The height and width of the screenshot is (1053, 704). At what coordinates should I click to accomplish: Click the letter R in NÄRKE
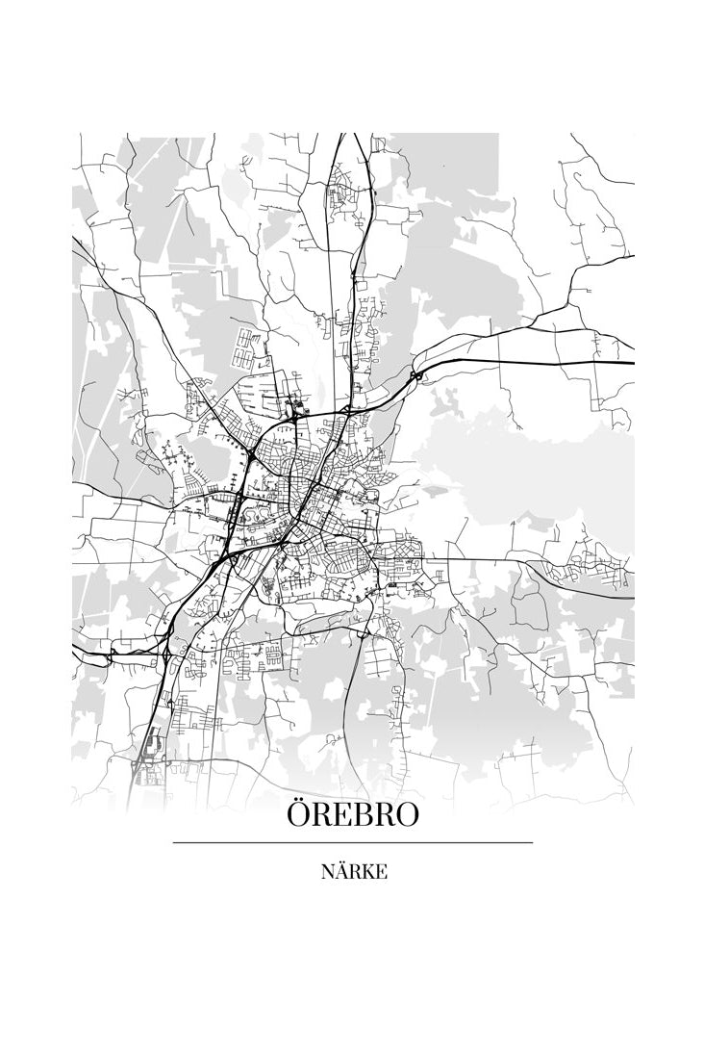tap(354, 873)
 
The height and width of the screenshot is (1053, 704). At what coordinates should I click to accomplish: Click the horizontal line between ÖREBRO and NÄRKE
tap(352, 843)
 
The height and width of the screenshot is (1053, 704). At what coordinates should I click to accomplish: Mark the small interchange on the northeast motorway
tap(415, 375)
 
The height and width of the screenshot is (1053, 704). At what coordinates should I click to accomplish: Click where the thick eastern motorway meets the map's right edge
tap(633, 362)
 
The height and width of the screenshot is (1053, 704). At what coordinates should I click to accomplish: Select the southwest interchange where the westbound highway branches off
tap(170, 654)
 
